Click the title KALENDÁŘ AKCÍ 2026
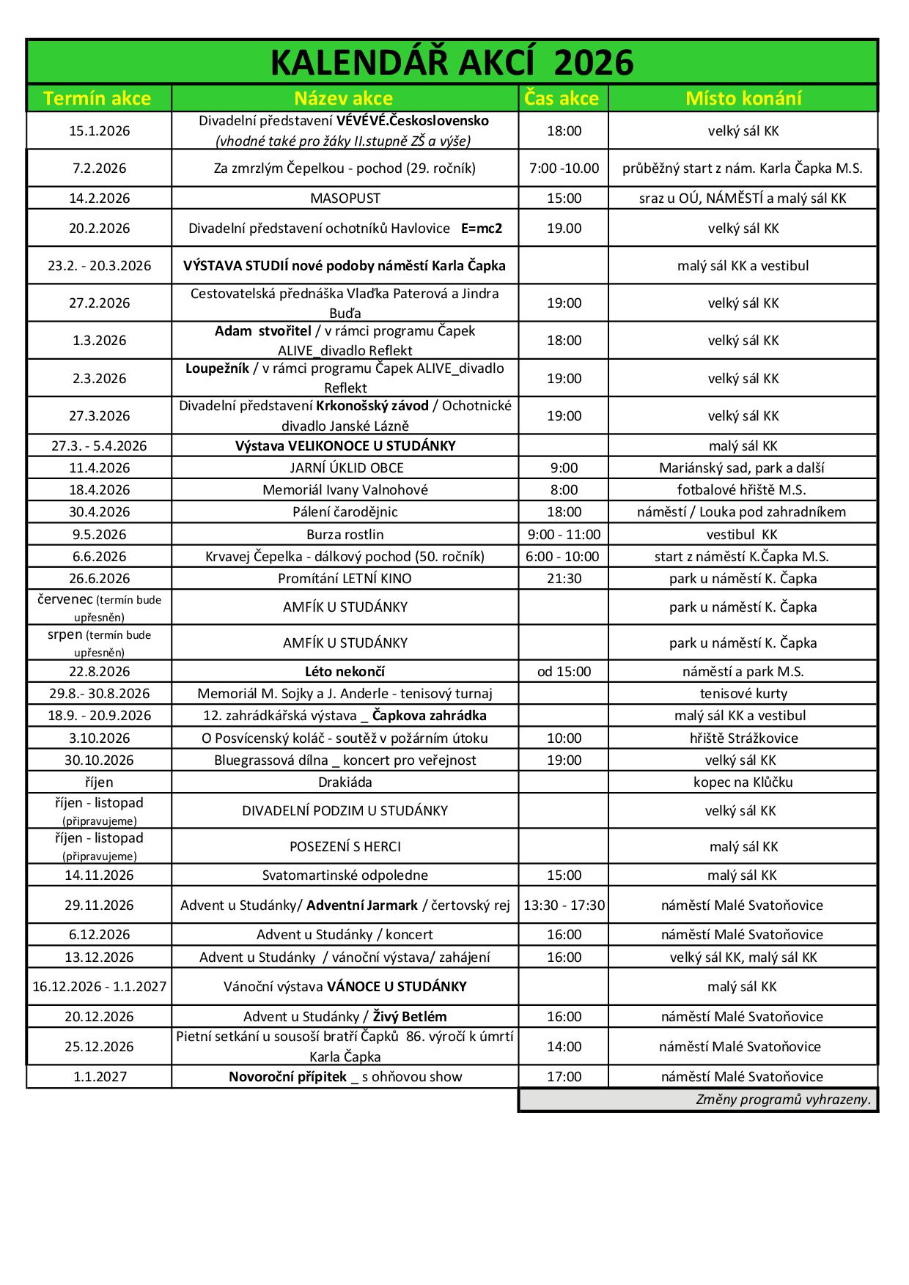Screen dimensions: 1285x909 pyautogui.click(x=452, y=63)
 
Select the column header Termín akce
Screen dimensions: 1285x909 pyautogui.click(x=97, y=98)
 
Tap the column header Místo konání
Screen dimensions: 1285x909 pyautogui.click(x=743, y=98)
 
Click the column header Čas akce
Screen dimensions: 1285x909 pyautogui.click(x=562, y=98)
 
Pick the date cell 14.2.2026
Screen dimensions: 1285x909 pyautogui.click(x=100, y=199)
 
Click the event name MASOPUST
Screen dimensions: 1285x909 pyautogui.click(x=345, y=199)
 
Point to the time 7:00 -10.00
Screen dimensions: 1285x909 pyautogui.click(x=564, y=169)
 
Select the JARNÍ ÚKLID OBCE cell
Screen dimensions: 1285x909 pyautogui.click(x=346, y=468)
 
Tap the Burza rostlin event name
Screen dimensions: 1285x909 pyautogui.click(x=345, y=535)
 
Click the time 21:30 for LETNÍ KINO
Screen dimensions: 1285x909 pyautogui.click(x=564, y=579)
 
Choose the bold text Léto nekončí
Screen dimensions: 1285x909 pyautogui.click(x=345, y=672)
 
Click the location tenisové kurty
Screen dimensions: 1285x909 pyautogui.click(x=743, y=694)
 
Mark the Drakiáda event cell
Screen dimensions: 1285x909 pyautogui.click(x=345, y=782)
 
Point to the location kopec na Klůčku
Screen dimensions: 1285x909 pyautogui.click(x=743, y=782)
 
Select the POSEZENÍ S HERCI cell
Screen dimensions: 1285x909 pyautogui.click(x=345, y=847)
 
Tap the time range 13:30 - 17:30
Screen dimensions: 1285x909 pyautogui.click(x=564, y=906)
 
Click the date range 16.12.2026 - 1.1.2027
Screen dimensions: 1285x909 pyautogui.click(x=100, y=987)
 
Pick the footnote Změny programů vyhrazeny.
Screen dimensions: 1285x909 pyautogui.click(x=783, y=1100)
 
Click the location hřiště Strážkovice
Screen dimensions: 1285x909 pyautogui.click(x=743, y=738)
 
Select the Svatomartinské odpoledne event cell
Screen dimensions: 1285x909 pyautogui.click(x=345, y=875)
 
